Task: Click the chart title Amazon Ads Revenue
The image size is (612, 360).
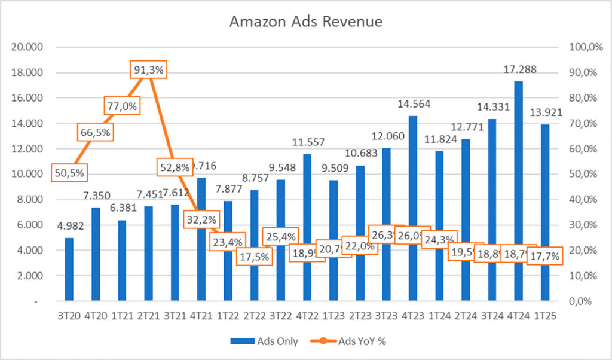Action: (x=306, y=22)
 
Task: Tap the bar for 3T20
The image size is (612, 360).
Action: (x=69, y=269)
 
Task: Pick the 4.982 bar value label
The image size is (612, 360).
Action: (x=69, y=226)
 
